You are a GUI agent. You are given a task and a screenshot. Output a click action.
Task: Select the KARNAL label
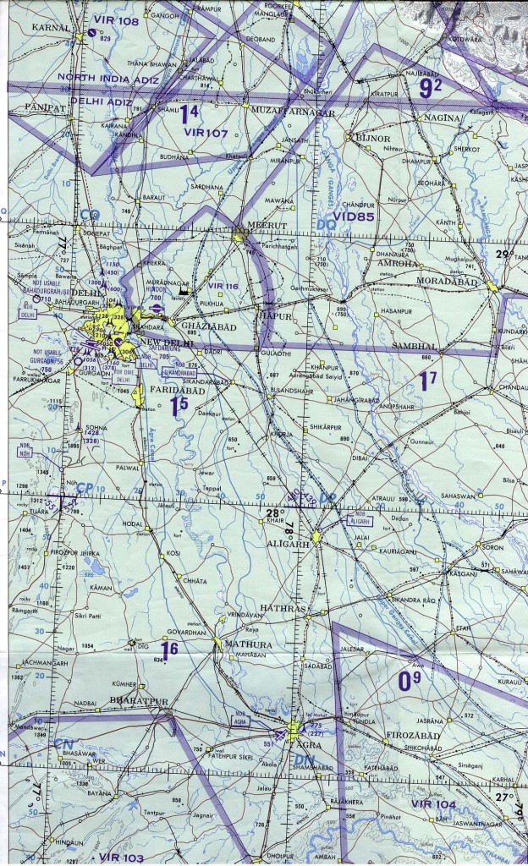(50, 28)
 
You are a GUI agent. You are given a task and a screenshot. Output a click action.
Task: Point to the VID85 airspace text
(352, 216)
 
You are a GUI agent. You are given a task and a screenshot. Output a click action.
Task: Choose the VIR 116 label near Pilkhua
(223, 288)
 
